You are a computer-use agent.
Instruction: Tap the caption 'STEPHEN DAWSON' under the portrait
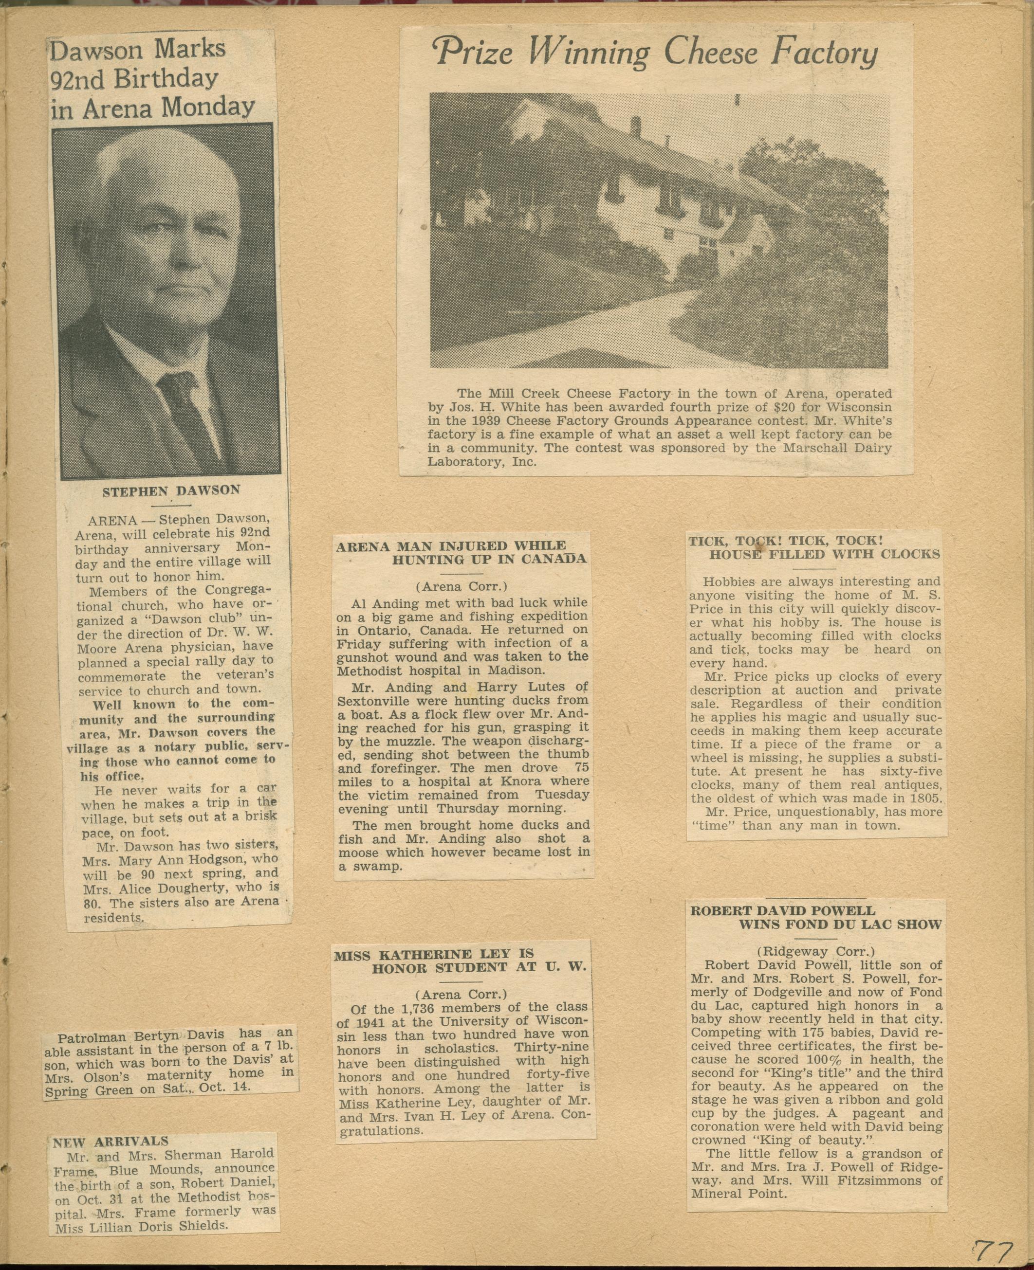point(171,490)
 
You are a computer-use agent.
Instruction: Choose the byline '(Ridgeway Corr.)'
point(815,951)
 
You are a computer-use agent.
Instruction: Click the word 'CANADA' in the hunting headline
point(554,559)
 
